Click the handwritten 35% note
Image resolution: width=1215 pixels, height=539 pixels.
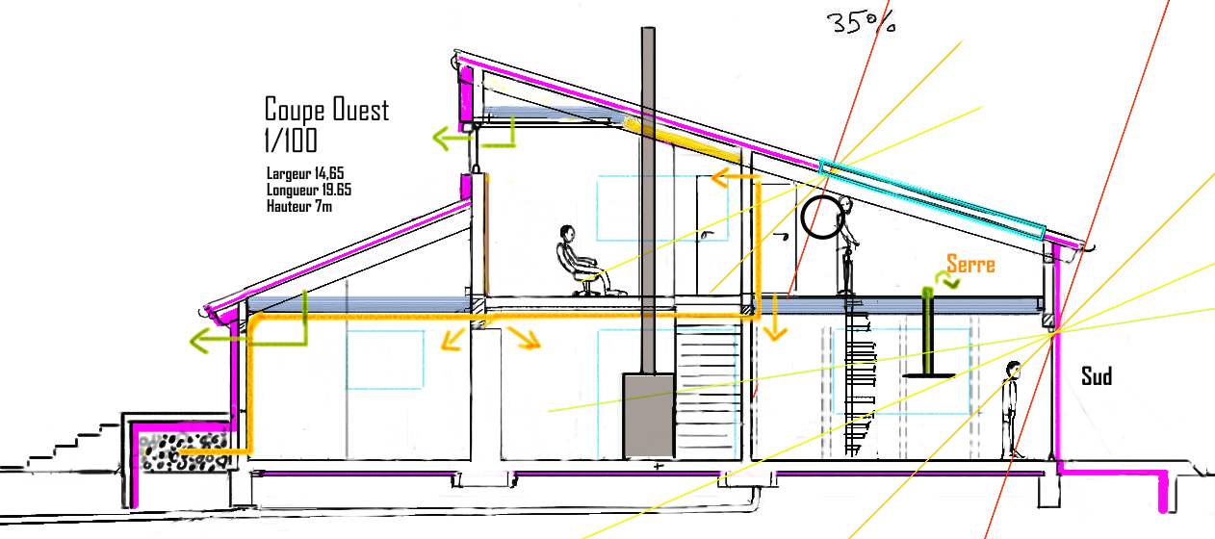point(861,22)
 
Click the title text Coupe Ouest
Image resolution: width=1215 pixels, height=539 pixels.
point(326,109)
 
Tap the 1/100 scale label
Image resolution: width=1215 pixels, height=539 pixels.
point(290,141)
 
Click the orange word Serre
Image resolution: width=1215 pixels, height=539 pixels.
point(969,263)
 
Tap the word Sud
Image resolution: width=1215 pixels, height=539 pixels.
point(1096,376)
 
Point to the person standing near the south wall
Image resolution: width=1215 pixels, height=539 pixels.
point(1012,409)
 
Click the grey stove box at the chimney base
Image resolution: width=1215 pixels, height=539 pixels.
point(648,415)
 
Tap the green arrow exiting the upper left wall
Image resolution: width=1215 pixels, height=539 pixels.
point(457,140)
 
